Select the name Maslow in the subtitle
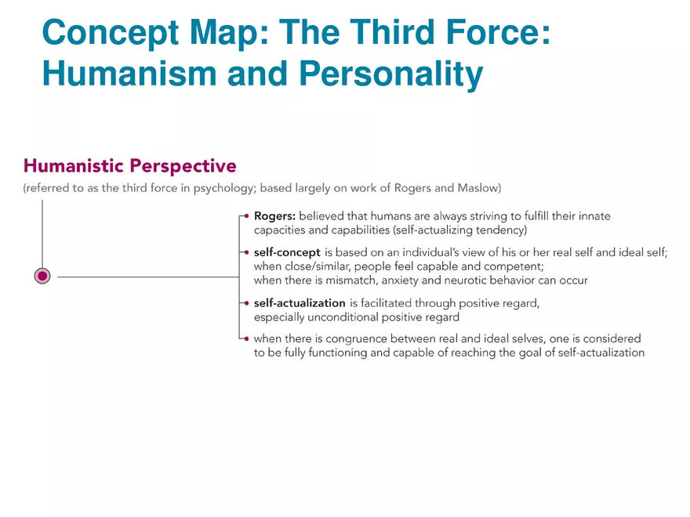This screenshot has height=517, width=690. click(477, 188)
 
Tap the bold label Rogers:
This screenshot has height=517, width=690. click(274, 216)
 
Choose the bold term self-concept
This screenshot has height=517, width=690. click(287, 252)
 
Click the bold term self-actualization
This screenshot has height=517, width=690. click(300, 303)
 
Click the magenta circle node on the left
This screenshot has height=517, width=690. click(43, 276)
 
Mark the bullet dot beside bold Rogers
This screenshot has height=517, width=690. click(246, 216)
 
